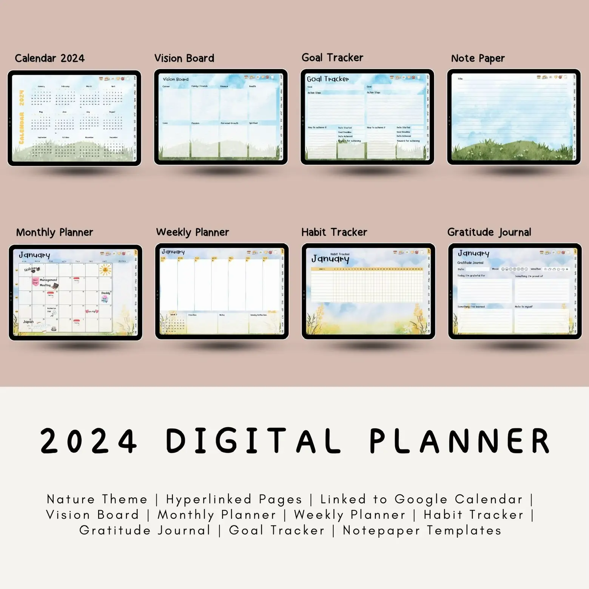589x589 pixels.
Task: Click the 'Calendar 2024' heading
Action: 49,58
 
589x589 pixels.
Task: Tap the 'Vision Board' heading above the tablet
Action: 184,58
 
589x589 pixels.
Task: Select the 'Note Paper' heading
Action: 478,58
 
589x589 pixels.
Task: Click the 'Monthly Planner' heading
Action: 54,232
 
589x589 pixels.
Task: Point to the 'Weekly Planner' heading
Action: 192,232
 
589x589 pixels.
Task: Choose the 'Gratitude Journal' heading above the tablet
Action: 489,232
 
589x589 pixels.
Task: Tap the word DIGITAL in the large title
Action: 253,441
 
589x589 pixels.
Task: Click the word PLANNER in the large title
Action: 459,441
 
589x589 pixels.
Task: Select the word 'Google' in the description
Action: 421,499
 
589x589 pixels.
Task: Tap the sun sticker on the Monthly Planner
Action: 105,270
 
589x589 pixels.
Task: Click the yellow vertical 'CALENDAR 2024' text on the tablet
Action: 22,117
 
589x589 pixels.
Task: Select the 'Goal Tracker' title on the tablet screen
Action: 328,79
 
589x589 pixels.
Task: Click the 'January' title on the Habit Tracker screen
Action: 330,259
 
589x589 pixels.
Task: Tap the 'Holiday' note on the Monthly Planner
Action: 31,270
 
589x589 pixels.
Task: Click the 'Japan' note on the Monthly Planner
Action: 28,322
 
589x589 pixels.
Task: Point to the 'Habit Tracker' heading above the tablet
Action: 334,232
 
